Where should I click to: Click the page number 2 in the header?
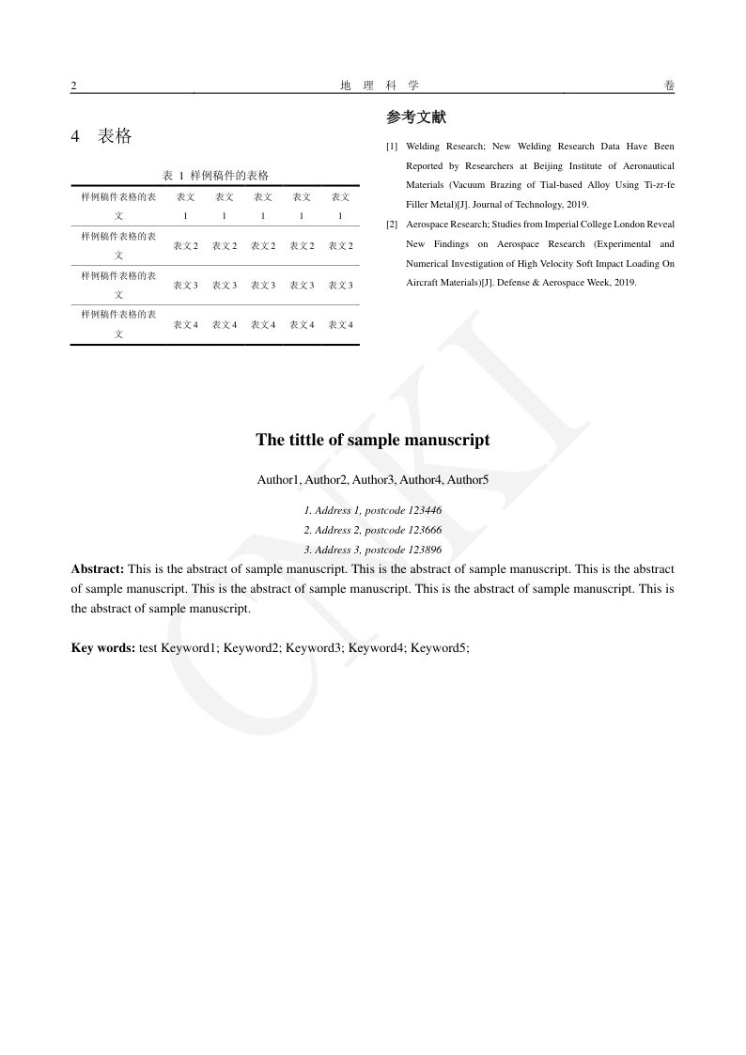[x=73, y=85]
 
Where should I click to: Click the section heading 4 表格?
[x=101, y=136]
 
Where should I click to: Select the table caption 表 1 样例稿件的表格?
[x=215, y=176]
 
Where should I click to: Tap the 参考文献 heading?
[x=416, y=117]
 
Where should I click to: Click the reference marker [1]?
[x=392, y=147]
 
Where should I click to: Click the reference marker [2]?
[x=392, y=225]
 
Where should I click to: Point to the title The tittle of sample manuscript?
[x=373, y=440]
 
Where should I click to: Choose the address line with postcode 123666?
[x=373, y=530]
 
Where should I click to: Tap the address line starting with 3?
[x=373, y=550]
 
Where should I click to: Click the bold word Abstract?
[x=98, y=569]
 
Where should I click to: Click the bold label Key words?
[x=103, y=647]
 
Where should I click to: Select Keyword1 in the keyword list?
[x=189, y=647]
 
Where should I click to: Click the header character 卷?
[x=669, y=85]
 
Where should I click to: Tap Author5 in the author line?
[x=468, y=480]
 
